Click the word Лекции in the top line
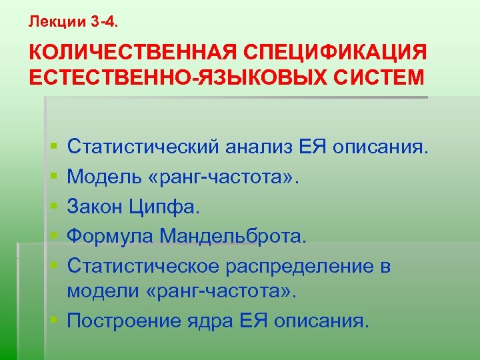pos(57,21)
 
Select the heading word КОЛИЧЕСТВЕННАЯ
pos(127,53)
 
